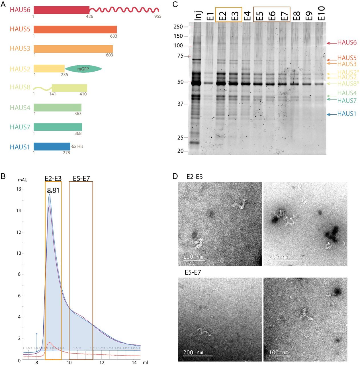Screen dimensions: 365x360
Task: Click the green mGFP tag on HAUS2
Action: [x=83, y=69]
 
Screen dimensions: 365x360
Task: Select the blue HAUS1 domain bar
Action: [x=52, y=147]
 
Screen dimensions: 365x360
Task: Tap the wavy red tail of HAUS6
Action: [x=124, y=10]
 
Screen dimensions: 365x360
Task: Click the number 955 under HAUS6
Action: [x=158, y=17]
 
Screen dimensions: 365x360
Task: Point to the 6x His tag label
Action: [x=77, y=146]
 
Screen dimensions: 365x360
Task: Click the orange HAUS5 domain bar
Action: [x=75, y=29]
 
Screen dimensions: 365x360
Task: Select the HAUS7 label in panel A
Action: [x=20, y=127]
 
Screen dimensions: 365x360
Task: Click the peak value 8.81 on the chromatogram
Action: [x=53, y=190]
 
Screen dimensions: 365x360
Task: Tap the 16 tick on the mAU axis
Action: [x=19, y=189]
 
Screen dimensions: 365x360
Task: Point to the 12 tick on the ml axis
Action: [x=102, y=362]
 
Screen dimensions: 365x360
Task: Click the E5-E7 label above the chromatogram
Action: [x=81, y=179]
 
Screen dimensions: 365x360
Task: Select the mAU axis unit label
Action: [x=23, y=180]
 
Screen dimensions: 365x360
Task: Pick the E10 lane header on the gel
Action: [x=321, y=13]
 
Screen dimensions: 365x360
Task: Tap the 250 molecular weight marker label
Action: [x=178, y=27]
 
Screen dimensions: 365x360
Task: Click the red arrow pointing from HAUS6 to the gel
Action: [x=331, y=43]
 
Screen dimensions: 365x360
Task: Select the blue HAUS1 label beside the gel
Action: [x=347, y=114]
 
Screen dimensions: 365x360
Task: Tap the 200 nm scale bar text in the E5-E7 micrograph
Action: [x=193, y=352]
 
